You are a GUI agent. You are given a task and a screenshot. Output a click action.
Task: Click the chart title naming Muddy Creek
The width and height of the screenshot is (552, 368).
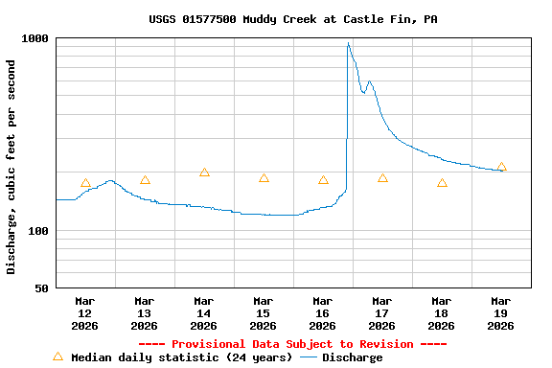(x=293, y=19)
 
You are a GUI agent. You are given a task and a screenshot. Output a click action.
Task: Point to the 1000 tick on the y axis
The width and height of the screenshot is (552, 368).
(x=36, y=38)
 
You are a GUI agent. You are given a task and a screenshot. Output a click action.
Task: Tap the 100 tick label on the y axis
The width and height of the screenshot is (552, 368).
(x=39, y=231)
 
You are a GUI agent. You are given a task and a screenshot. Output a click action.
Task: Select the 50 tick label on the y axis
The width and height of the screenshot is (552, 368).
(x=43, y=288)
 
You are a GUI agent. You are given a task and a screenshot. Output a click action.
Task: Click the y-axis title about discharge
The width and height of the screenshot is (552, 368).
(x=11, y=167)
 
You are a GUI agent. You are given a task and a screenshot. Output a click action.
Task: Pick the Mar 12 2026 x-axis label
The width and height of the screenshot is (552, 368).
(x=84, y=313)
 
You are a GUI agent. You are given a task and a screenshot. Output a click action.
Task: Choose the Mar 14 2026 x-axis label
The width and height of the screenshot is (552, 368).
(x=203, y=313)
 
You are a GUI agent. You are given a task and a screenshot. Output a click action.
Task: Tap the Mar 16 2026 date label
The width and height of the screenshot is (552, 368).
(x=322, y=313)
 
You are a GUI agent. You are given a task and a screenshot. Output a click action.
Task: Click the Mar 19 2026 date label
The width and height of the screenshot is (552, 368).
(x=500, y=313)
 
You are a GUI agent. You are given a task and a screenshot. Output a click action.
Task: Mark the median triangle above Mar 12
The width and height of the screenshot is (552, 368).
(x=85, y=183)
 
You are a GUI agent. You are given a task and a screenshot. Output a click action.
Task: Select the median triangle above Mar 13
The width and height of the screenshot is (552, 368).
(x=145, y=179)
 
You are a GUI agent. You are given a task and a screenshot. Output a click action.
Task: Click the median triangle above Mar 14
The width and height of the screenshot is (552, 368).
(x=204, y=172)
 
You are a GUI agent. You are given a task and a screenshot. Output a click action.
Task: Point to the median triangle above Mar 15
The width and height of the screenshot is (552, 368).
(x=264, y=177)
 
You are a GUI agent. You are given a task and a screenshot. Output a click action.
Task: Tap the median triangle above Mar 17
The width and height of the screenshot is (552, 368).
(x=382, y=177)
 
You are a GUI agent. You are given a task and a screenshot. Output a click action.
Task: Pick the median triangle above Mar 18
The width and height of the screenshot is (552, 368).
(x=442, y=182)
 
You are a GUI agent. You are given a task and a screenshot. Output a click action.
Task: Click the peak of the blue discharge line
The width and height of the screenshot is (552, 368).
(x=349, y=43)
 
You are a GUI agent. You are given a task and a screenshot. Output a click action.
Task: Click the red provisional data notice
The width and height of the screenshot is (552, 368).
(x=292, y=344)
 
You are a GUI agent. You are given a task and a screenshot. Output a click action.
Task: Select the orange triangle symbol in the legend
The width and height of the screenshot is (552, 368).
(x=57, y=356)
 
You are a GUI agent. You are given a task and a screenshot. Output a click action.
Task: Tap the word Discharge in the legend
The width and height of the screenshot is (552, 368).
(x=352, y=357)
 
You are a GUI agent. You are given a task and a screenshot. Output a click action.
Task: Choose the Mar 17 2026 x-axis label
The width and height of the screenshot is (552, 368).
(x=381, y=313)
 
